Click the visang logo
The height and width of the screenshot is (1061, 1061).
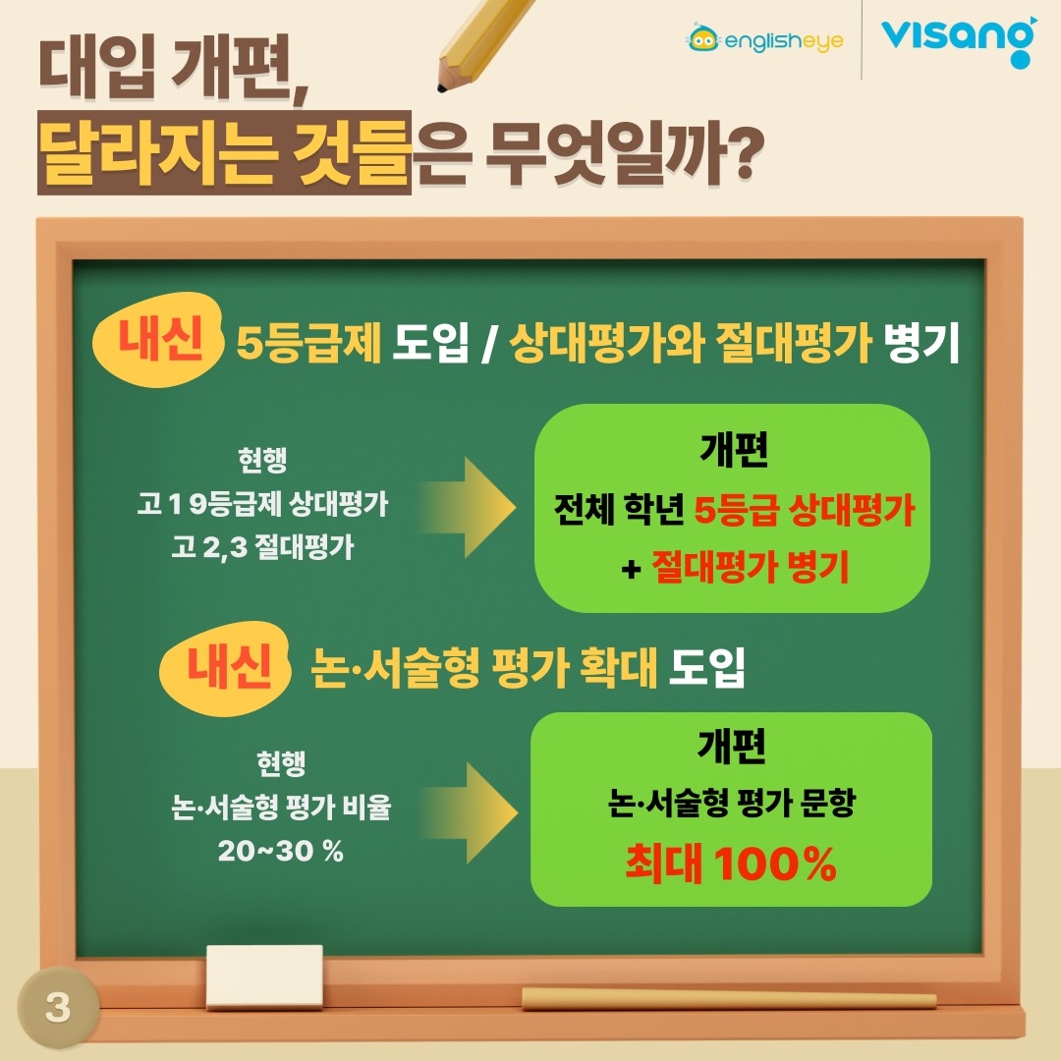click(x=959, y=40)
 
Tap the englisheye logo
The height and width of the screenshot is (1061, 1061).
click(x=764, y=39)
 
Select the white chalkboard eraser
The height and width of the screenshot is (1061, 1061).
click(x=264, y=977)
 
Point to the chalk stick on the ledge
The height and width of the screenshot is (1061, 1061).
click(x=729, y=999)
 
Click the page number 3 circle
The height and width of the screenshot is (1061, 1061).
click(x=58, y=1007)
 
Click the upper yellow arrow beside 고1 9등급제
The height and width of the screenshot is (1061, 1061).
click(x=467, y=508)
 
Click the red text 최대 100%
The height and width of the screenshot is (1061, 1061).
click(x=731, y=863)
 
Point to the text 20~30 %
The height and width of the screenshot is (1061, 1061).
click(x=281, y=851)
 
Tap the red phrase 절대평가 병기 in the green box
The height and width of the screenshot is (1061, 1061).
click(x=750, y=567)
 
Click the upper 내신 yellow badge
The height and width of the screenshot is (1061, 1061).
click(x=158, y=340)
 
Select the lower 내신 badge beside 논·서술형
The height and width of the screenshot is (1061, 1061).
click(x=225, y=669)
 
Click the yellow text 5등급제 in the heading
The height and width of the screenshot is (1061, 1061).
click(x=309, y=343)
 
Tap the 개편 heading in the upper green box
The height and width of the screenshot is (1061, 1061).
click(x=734, y=449)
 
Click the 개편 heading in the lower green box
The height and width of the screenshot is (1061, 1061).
click(x=732, y=746)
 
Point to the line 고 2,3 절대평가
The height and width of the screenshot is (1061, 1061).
click(x=262, y=547)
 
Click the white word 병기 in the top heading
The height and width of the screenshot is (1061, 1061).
click(x=921, y=343)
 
